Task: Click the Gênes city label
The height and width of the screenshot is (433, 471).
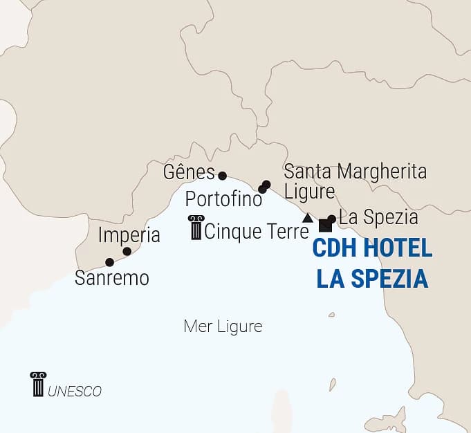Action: pos(189,171)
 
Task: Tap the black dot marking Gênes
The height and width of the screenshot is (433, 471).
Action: pos(222,176)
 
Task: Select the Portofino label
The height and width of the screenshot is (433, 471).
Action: pos(223,199)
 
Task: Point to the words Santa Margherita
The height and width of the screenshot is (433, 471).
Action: pos(355,172)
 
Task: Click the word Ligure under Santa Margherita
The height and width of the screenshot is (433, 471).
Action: pos(309,191)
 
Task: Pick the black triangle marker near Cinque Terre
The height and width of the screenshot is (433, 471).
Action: pos(308,218)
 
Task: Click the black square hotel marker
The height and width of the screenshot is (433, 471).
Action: pos(324,225)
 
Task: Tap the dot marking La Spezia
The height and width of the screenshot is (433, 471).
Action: pos(331,219)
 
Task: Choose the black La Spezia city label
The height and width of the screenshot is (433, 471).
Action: pos(378,217)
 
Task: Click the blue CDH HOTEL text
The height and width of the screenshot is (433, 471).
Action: pos(373,248)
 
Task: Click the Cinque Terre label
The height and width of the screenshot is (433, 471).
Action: pos(256,230)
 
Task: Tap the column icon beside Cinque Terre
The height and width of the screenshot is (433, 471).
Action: pos(196,228)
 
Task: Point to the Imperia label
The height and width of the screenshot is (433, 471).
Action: pos(129,234)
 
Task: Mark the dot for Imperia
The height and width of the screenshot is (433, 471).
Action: pos(127,251)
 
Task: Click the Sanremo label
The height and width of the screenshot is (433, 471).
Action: pos(112,278)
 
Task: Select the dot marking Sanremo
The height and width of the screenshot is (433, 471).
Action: pos(109,262)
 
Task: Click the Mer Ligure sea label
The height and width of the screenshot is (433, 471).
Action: pos(223,326)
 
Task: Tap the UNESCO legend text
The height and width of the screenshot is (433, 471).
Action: pos(75,391)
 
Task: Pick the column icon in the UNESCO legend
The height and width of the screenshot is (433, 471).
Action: pos(38,385)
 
